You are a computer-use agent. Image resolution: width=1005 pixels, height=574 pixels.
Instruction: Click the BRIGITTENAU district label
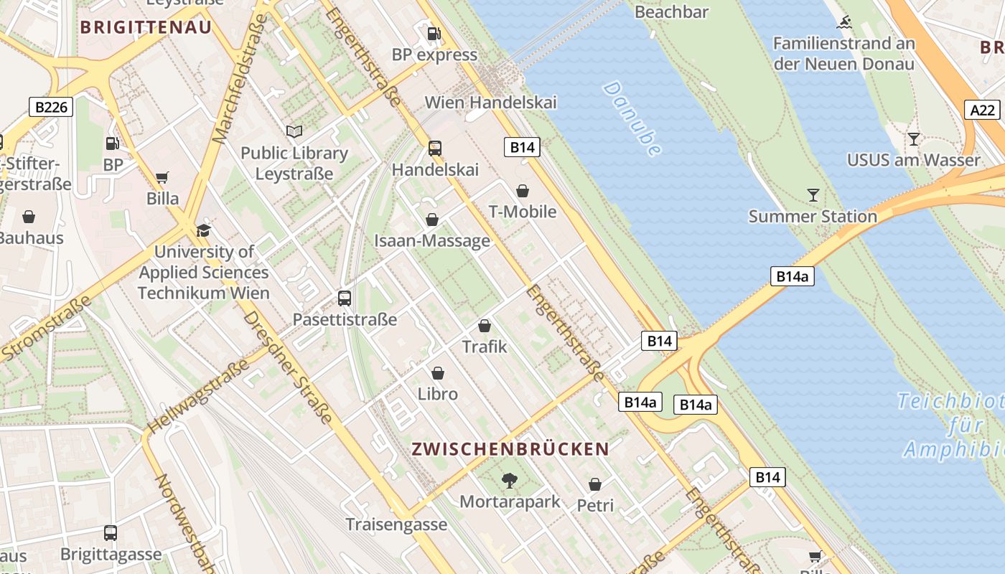click(x=146, y=27)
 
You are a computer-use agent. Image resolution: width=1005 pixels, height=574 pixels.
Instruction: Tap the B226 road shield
click(x=52, y=108)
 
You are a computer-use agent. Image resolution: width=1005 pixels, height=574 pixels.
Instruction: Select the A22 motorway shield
click(x=982, y=110)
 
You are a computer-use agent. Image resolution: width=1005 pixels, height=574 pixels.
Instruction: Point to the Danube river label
click(x=632, y=119)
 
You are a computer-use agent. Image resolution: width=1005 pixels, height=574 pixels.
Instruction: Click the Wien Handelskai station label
click(x=490, y=102)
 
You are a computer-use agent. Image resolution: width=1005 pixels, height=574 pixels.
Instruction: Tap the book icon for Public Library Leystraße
click(x=294, y=131)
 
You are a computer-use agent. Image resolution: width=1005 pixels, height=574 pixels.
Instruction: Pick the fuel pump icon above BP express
click(x=434, y=33)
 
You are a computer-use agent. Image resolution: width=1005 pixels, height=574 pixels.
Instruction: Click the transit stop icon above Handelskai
click(x=435, y=149)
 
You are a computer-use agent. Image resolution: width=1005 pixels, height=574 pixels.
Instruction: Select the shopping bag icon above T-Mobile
click(x=523, y=191)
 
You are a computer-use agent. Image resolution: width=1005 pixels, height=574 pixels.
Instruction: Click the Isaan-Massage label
click(x=432, y=241)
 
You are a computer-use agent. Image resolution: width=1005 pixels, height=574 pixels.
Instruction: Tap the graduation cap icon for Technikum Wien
click(x=204, y=230)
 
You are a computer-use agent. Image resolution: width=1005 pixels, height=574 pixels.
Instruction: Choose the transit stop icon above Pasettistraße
click(x=345, y=298)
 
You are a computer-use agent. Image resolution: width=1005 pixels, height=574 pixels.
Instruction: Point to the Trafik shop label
click(x=485, y=347)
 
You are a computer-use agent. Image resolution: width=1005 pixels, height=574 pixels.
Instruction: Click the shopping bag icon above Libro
click(x=438, y=373)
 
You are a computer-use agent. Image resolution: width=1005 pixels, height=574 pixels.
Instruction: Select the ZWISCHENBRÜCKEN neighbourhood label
click(x=510, y=449)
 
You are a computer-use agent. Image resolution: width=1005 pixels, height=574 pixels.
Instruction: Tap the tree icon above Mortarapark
click(x=510, y=480)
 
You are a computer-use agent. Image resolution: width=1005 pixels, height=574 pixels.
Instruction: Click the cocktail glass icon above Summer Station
click(x=813, y=194)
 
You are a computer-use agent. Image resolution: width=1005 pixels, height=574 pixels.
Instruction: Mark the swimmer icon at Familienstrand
click(x=843, y=22)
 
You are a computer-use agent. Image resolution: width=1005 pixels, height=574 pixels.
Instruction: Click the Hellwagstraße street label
click(x=197, y=396)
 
